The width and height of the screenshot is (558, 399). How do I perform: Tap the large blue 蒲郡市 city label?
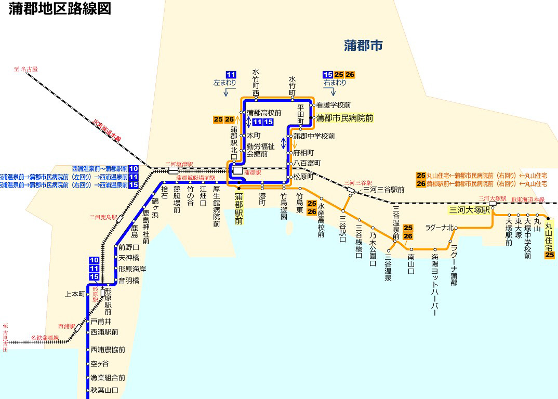[363, 46]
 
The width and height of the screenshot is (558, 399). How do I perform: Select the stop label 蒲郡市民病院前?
[344, 118]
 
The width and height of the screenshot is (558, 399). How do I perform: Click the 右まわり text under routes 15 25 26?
[335, 83]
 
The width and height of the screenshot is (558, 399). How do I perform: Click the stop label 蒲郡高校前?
[264, 112]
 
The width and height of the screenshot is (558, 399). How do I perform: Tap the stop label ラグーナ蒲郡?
[454, 265]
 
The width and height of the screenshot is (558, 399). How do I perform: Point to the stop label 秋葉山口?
[104, 390]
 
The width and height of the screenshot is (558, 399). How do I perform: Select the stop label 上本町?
[74, 294]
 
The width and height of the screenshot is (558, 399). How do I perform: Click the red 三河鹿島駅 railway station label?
[102, 217]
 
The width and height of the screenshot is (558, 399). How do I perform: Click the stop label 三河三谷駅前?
[384, 190]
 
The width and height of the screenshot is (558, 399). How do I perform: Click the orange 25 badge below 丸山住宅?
[550, 255]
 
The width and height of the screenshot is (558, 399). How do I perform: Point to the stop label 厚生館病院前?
[217, 207]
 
